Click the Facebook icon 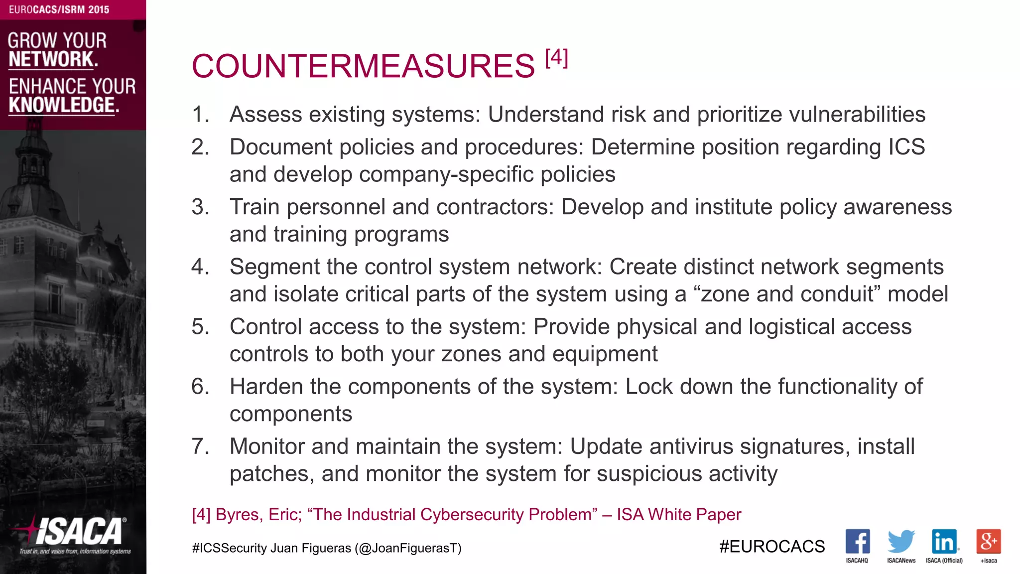point(857,541)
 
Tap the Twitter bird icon point(901,541)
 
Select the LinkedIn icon point(944,541)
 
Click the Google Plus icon point(989,541)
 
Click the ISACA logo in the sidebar point(75,533)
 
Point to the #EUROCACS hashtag point(772,547)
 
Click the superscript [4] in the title point(556,58)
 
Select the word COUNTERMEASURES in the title point(363,66)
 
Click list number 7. point(200,446)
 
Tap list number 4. point(200,267)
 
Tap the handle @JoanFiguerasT point(408,548)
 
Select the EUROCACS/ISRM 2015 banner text point(59,9)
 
